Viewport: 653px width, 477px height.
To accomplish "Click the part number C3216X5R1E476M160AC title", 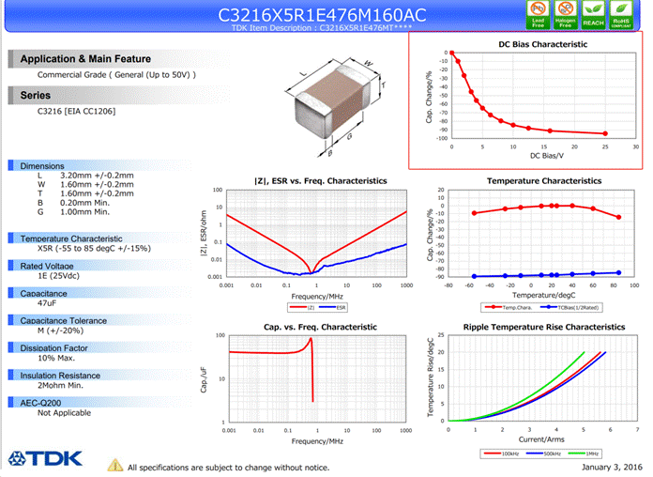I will tap(322, 15).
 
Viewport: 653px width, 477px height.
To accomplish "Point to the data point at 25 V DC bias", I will tap(605, 133).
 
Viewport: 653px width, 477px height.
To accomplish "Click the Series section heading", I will tap(35, 96).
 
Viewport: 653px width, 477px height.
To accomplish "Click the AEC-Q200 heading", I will tap(43, 402).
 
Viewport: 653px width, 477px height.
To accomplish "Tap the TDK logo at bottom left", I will tap(46, 459).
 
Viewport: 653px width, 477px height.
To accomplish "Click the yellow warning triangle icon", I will tap(115, 465).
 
